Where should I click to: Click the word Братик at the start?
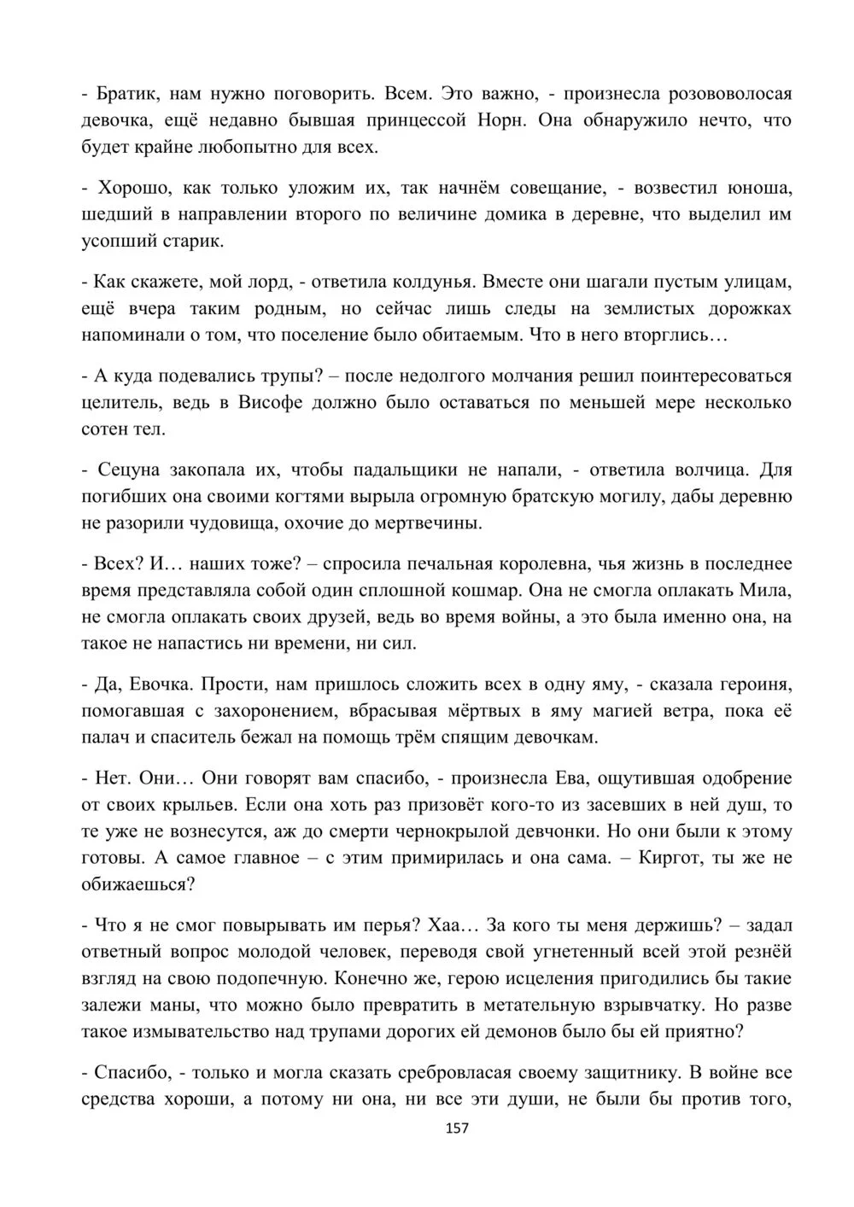126,93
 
